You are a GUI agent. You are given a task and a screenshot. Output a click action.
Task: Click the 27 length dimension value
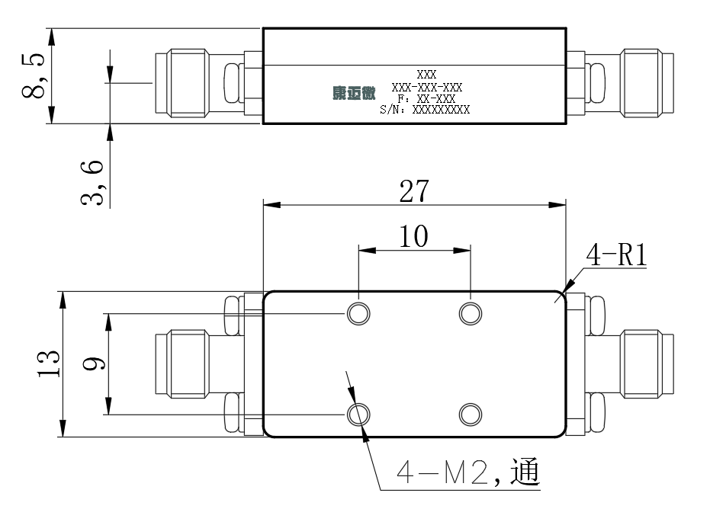pyautogui.click(x=414, y=191)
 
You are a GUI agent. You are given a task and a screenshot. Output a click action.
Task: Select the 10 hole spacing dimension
pyautogui.click(x=414, y=236)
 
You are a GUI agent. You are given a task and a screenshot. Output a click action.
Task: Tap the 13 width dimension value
pyautogui.click(x=49, y=364)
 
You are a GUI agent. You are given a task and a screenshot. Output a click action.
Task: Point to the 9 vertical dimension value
pyautogui.click(x=94, y=363)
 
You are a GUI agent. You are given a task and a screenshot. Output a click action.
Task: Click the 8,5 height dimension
pyautogui.click(x=34, y=76)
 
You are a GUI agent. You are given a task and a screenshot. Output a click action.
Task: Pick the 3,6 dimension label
pyautogui.click(x=92, y=183)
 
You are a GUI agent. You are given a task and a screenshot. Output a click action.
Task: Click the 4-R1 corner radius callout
pyautogui.click(x=616, y=254)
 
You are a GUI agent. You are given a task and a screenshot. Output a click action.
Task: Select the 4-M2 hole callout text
pyautogui.click(x=468, y=472)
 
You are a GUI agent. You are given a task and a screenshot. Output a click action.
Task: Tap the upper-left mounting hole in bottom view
pyautogui.click(x=359, y=314)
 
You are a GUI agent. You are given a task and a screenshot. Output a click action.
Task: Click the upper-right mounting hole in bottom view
pyautogui.click(x=471, y=314)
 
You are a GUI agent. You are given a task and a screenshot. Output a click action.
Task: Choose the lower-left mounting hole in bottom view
pyautogui.click(x=359, y=414)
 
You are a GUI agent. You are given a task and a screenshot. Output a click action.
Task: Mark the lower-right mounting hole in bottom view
pyautogui.click(x=471, y=414)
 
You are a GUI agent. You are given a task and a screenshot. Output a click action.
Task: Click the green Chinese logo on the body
pyautogui.click(x=354, y=93)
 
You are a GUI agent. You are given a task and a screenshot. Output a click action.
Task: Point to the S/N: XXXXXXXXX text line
pyautogui.click(x=425, y=110)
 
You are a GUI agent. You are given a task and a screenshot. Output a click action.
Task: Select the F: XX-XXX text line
pyautogui.click(x=426, y=99)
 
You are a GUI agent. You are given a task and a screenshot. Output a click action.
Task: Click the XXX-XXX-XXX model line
pyautogui.click(x=427, y=88)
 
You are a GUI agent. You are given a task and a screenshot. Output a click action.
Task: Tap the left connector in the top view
pyautogui.click(x=209, y=83)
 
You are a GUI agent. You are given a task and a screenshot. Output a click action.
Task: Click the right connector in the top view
pyautogui.click(x=620, y=83)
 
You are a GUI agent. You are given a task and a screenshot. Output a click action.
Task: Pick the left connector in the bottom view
pyautogui.click(x=209, y=364)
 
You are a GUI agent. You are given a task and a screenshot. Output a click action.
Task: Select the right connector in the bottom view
pyautogui.click(x=620, y=364)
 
